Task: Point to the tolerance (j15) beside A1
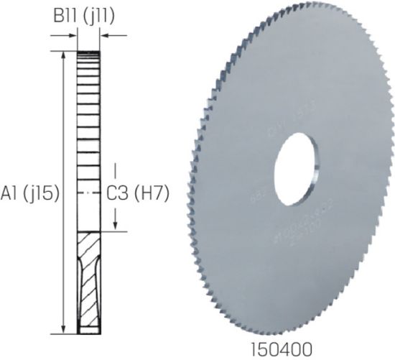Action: [41, 193]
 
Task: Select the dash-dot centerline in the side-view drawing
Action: [89, 193]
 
